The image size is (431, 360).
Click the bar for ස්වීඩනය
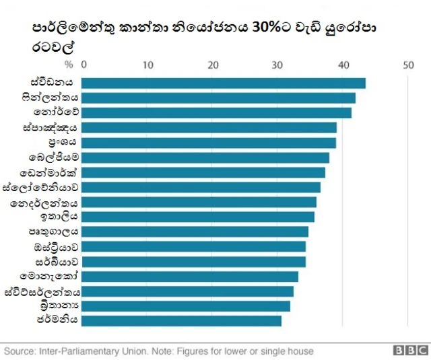coord(224,83)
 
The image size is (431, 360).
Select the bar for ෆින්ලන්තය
coord(218,98)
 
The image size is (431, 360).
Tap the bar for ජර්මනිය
coord(182,320)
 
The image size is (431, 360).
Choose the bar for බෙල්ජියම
coord(205,157)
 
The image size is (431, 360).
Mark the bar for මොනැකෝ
coord(190,276)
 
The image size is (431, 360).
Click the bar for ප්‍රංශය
coord(209,143)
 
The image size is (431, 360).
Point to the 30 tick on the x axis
coord(277,65)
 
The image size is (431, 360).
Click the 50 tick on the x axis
coord(407,65)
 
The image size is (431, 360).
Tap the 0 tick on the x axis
coord(84,65)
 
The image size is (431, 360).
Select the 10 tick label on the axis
coord(148,65)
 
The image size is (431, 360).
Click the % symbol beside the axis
coord(68,65)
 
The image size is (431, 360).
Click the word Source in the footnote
coord(20,351)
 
